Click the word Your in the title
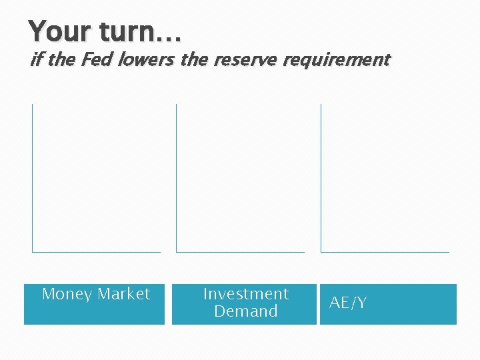click(x=59, y=31)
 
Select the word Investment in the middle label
click(x=245, y=294)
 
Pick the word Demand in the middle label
click(x=245, y=311)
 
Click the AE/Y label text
click(x=348, y=303)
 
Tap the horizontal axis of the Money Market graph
click(x=96, y=252)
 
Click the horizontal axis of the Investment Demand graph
click(x=240, y=252)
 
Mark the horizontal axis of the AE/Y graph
click(x=385, y=252)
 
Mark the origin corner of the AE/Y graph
click(x=321, y=252)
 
